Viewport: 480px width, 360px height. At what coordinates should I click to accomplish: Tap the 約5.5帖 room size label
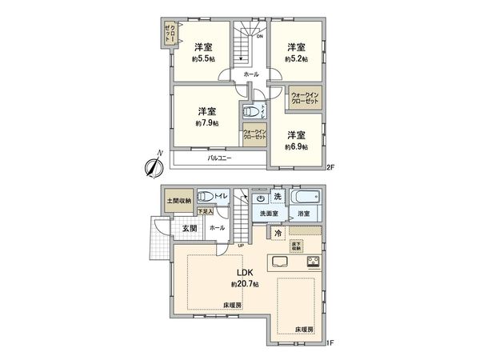click(x=202, y=58)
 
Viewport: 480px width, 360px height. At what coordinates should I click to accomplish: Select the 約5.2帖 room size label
click(x=298, y=58)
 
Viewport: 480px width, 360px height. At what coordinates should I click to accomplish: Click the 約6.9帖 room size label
click(x=298, y=146)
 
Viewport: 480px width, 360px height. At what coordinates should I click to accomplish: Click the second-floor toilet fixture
click(x=251, y=112)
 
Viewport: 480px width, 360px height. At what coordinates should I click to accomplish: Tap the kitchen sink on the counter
click(x=282, y=262)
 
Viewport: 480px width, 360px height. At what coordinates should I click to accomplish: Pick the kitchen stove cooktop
click(x=312, y=262)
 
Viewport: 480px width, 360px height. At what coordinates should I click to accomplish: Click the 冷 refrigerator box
click(x=277, y=233)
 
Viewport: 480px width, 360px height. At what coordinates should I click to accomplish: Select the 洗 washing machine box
click(x=278, y=197)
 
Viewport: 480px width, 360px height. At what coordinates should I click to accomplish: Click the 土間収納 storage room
click(x=178, y=200)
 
